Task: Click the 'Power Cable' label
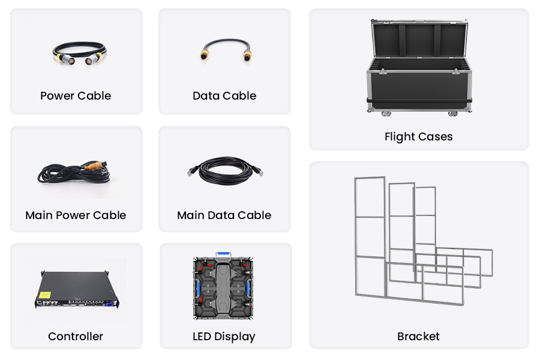pos(76,96)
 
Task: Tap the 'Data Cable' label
pos(224,96)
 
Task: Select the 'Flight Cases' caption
pos(418,137)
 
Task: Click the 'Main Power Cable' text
pos(76,215)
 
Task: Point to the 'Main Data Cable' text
pos(224,215)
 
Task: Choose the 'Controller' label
pos(76,337)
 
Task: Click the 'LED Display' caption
pos(224,337)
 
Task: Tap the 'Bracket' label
pos(418,337)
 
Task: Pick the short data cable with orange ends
pos(224,49)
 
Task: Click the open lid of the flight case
pos(419,39)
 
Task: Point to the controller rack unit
pos(76,290)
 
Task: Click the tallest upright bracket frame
pos(370,236)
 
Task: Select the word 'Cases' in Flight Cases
pos(436,137)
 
